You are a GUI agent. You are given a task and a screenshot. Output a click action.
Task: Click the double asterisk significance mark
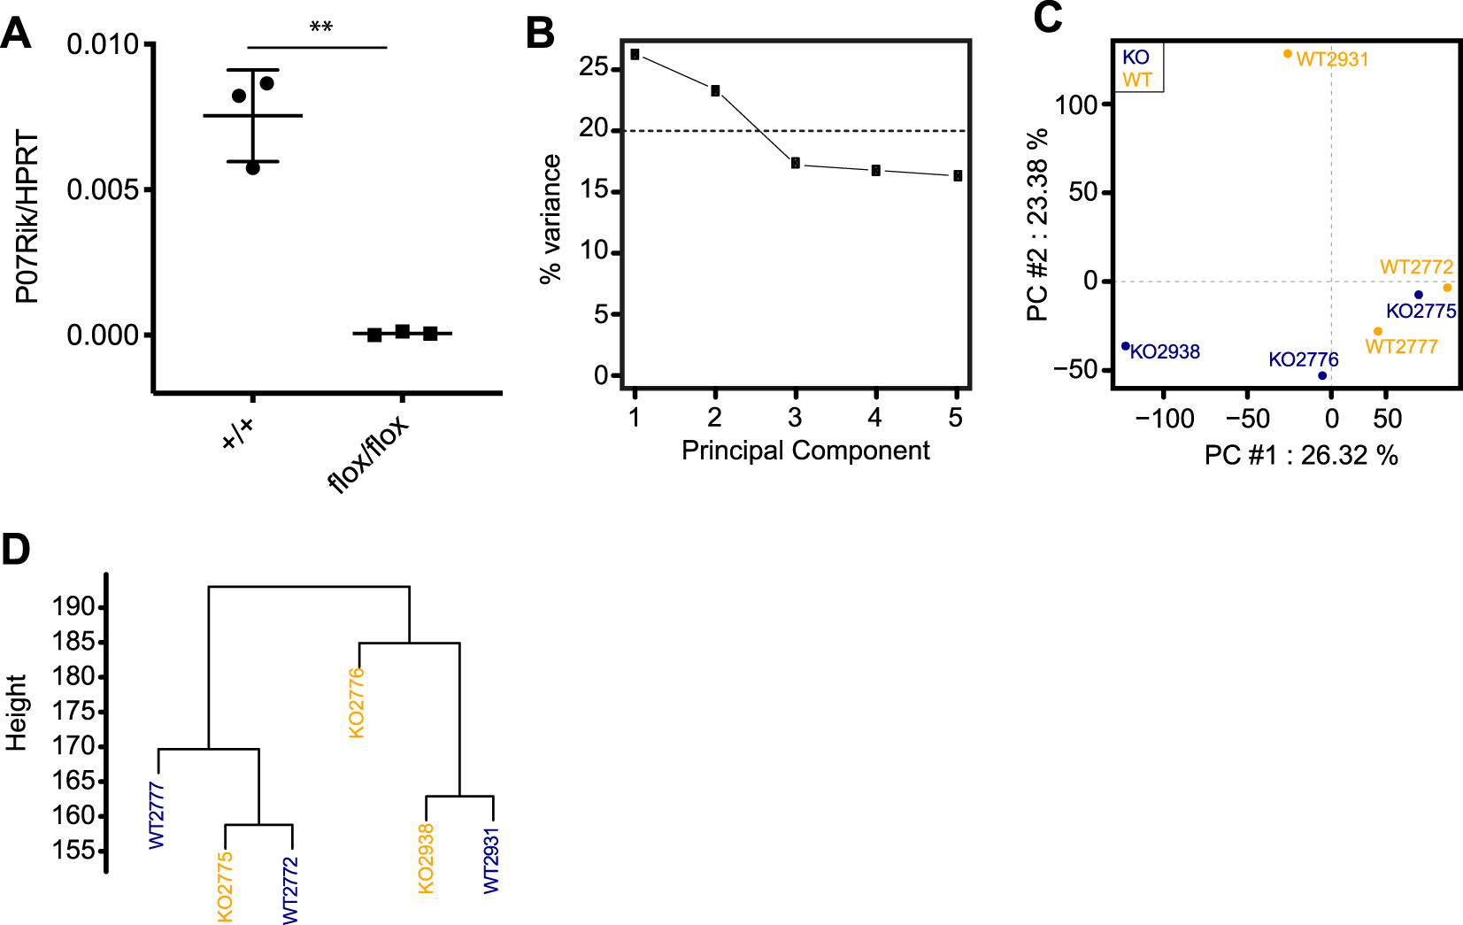[320, 27]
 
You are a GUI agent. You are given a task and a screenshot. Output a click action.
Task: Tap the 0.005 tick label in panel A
[103, 190]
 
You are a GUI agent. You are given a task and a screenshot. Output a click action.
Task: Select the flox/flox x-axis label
[368, 452]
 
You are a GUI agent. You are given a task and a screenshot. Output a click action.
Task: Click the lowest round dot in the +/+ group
[253, 168]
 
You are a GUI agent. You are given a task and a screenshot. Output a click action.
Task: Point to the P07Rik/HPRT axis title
[27, 217]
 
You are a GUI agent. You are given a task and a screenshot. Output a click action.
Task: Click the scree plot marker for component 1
[635, 55]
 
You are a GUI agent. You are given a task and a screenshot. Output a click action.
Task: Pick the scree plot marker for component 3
[796, 163]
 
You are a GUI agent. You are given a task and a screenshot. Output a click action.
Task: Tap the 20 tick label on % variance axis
[594, 129]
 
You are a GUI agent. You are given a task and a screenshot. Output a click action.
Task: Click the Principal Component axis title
[805, 451]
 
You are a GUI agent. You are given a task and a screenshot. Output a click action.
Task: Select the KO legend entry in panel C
[1136, 58]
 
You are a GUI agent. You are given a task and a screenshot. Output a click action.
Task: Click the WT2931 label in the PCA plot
[1332, 59]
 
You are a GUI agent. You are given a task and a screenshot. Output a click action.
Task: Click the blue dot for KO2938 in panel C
[1126, 346]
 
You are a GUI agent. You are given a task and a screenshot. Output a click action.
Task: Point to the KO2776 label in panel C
[1303, 359]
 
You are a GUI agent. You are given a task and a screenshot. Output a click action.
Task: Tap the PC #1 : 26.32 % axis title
[1301, 456]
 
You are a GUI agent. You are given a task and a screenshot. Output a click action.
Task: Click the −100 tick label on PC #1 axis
[1164, 419]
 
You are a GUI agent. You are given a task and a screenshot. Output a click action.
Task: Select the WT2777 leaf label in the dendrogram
[157, 815]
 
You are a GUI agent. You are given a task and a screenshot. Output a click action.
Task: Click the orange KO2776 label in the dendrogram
[356, 703]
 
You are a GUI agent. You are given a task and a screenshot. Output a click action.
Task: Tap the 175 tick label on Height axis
[73, 712]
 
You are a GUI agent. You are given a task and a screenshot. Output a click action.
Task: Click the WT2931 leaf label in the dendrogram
[491, 860]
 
